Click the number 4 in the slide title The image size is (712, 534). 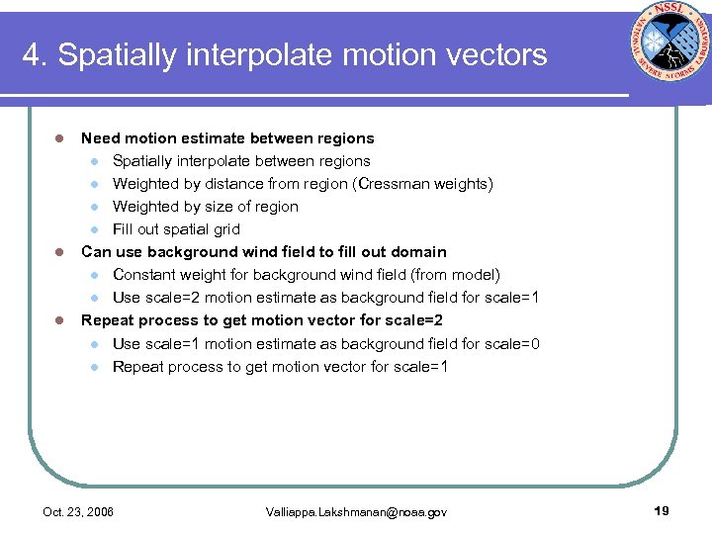(x=31, y=54)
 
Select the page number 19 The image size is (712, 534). (x=662, y=510)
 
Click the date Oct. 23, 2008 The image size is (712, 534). (x=78, y=512)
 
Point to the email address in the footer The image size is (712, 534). (x=356, y=512)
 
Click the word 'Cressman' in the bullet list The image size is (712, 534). (x=403, y=184)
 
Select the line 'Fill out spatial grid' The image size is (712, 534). (x=176, y=229)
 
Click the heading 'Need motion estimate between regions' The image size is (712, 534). (x=227, y=138)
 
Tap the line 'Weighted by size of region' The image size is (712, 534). (x=205, y=207)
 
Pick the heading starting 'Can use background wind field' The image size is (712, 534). (x=263, y=252)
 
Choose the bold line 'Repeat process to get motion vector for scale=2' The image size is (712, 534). (x=261, y=320)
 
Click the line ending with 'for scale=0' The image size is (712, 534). (x=326, y=344)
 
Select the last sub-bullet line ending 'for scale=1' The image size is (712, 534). (x=280, y=367)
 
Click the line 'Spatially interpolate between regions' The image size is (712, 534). (x=241, y=161)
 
